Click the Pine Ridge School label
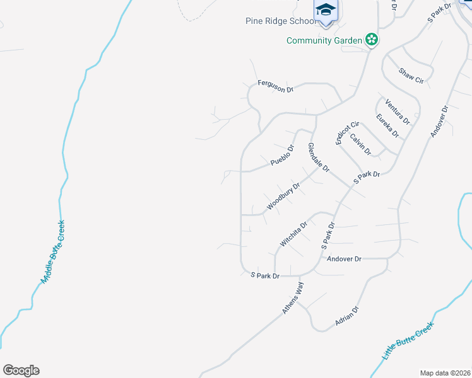click(280, 21)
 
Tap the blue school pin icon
click(326, 11)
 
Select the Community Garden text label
click(324, 40)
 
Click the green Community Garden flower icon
click(372, 40)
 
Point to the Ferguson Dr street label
click(276, 86)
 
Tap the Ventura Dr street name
click(398, 112)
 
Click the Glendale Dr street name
click(319, 157)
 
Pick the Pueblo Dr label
click(283, 156)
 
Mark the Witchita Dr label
click(293, 234)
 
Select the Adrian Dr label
click(347, 316)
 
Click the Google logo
click(21, 370)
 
